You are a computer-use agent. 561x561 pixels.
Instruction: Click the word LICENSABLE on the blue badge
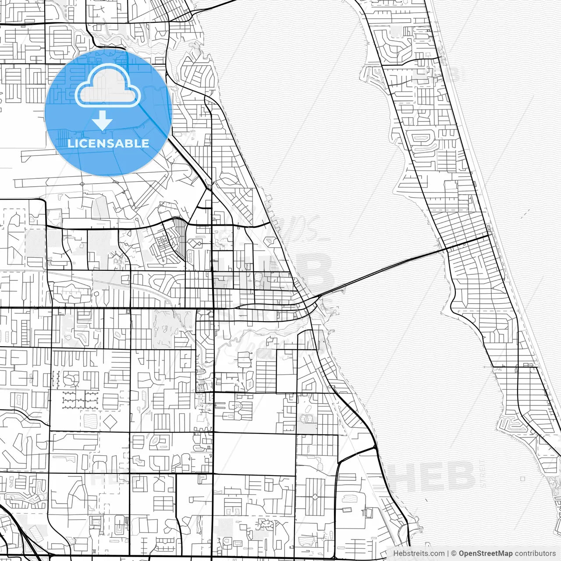(108, 143)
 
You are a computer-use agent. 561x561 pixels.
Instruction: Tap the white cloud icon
(108, 86)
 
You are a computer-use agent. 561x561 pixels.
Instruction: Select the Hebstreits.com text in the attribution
(419, 554)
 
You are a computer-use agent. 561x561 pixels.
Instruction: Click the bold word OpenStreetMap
(486, 554)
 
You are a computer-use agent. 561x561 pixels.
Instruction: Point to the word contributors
(535, 554)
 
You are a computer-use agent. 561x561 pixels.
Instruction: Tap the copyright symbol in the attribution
(454, 554)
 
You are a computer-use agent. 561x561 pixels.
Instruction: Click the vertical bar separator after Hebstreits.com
(448, 554)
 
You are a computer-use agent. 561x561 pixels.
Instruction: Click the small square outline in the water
(523, 479)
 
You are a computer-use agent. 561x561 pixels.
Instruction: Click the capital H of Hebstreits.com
(396, 554)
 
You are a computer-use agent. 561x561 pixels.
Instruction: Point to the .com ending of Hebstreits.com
(437, 554)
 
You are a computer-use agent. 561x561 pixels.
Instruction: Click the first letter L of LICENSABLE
(70, 143)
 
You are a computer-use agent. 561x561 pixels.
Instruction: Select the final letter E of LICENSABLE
(146, 143)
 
